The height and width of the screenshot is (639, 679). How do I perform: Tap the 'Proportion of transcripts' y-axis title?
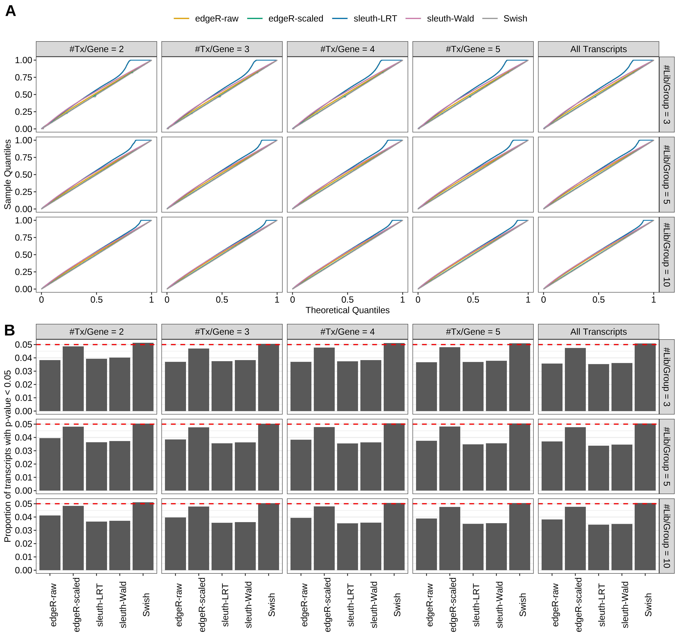point(7,456)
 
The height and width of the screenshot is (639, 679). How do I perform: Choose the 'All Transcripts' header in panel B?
point(598,332)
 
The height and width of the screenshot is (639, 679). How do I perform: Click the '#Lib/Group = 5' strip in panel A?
point(666,175)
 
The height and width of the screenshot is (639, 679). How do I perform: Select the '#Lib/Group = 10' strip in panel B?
point(666,536)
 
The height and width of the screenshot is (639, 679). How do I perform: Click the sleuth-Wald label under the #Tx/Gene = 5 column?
point(499,605)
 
